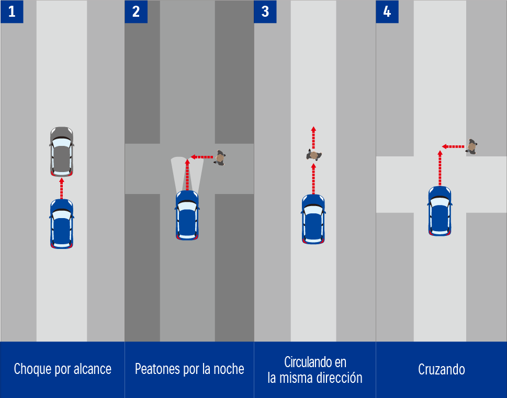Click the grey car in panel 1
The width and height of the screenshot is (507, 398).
(61, 152)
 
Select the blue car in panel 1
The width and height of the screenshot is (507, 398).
(61, 223)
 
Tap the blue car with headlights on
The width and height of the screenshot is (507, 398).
(187, 215)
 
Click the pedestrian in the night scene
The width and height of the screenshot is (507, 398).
(220, 157)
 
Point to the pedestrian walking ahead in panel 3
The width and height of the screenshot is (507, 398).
(314, 155)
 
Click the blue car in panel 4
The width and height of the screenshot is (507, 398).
(440, 211)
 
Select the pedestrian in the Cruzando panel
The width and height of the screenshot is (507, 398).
(471, 146)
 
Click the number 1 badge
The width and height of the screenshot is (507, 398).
(12, 12)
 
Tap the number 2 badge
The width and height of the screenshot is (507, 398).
(136, 12)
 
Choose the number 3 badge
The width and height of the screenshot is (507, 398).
(265, 12)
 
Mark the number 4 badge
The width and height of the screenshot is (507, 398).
(387, 12)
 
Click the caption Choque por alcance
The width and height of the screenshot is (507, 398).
(62, 369)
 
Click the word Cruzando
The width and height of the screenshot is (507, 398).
(442, 369)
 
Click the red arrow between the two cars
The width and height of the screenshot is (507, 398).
(61, 188)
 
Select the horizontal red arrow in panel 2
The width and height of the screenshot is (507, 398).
(202, 156)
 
